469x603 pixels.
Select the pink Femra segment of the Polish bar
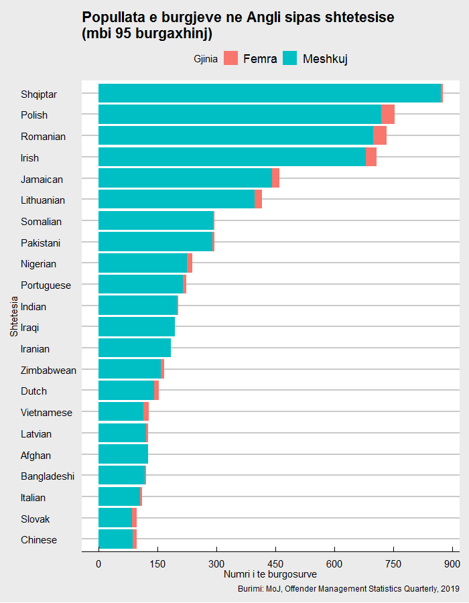click(x=388, y=115)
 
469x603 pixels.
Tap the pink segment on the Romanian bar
click(x=380, y=136)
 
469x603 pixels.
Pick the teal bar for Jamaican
click(x=185, y=178)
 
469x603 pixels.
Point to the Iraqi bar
click(x=137, y=327)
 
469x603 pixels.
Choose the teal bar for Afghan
click(x=123, y=455)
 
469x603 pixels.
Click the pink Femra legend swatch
click(x=231, y=59)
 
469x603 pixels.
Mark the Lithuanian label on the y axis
click(x=43, y=200)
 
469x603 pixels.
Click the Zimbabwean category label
click(x=48, y=370)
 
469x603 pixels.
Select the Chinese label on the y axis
click(x=39, y=540)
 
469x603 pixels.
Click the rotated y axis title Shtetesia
click(x=14, y=317)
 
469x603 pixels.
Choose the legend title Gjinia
click(x=205, y=59)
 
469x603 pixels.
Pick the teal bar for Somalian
click(x=155, y=221)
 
